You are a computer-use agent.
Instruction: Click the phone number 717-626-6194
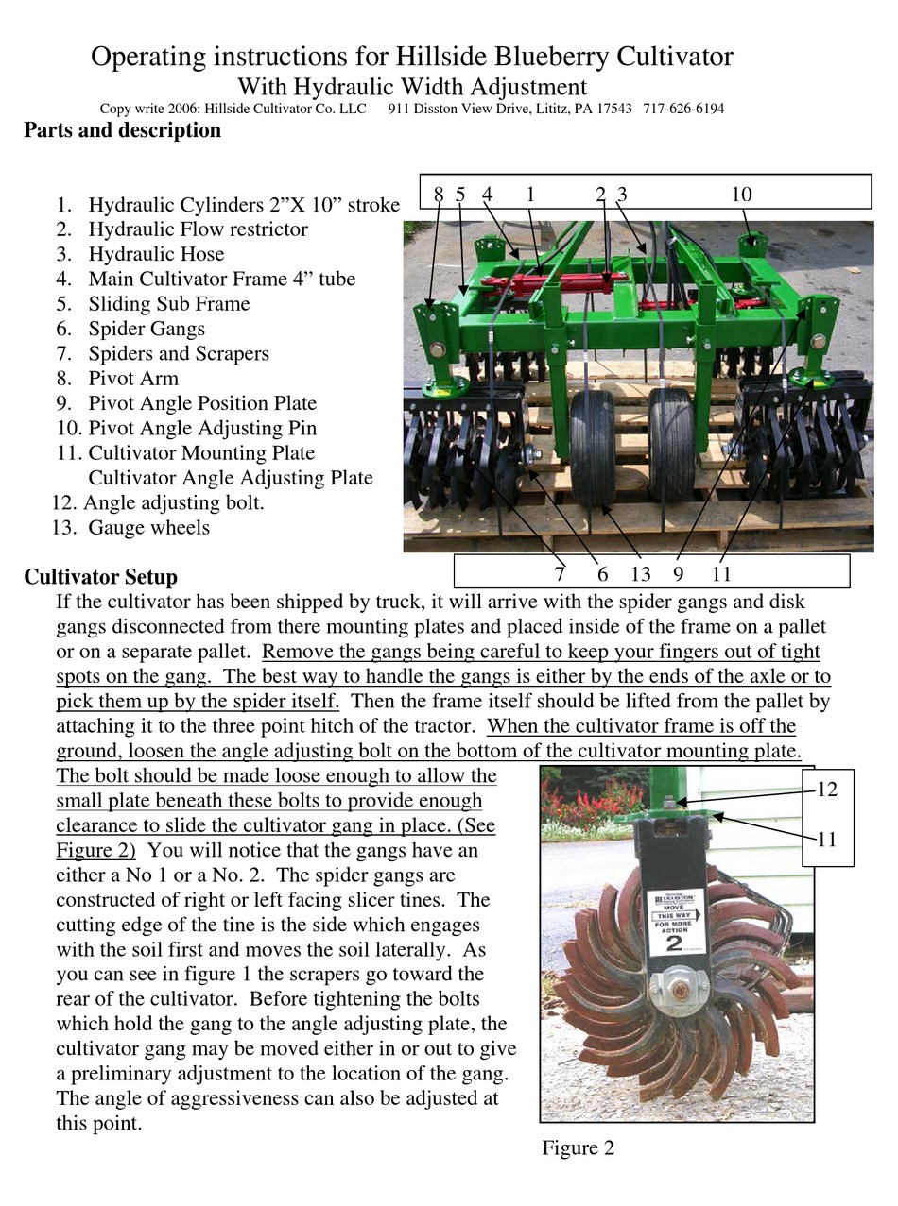[x=683, y=109]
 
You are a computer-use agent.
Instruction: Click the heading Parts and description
[x=122, y=130]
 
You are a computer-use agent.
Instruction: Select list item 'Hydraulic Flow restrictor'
[x=198, y=229]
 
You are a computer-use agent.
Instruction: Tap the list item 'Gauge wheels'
[x=148, y=528]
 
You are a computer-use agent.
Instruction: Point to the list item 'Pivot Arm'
[x=133, y=379]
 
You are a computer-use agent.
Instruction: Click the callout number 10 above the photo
[x=741, y=195]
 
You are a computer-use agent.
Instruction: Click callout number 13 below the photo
[x=641, y=573]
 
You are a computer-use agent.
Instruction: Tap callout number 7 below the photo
[x=560, y=573]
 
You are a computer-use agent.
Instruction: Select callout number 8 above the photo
[x=439, y=195]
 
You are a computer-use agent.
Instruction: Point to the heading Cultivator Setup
[x=100, y=577]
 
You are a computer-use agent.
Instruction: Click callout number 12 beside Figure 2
[x=827, y=790]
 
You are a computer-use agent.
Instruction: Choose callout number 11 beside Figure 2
[x=827, y=839]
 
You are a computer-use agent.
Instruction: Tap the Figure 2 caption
[x=578, y=1148]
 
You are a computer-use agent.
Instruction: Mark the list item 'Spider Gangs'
[x=147, y=329]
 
